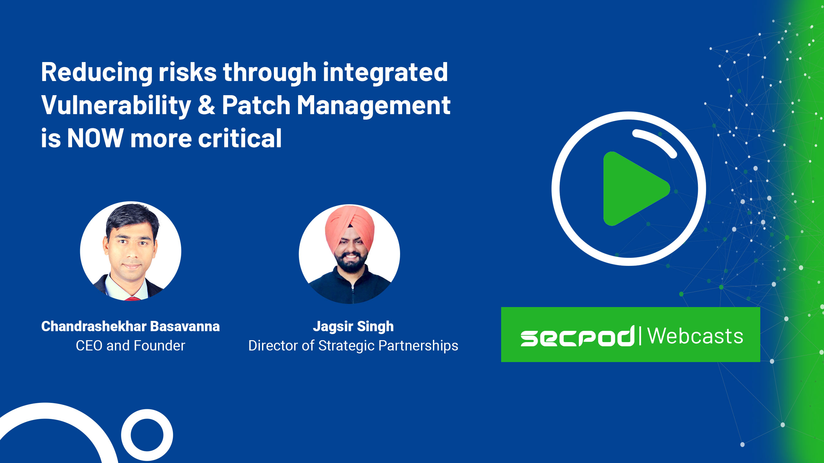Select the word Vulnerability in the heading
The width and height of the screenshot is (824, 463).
pyautogui.click(x=116, y=106)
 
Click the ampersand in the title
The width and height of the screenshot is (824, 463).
pyautogui.click(x=206, y=105)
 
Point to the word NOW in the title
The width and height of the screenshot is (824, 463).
pyautogui.click(x=95, y=138)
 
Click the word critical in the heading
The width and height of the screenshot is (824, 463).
pyautogui.click(x=240, y=138)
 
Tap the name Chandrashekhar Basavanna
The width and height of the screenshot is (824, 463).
pyautogui.click(x=130, y=326)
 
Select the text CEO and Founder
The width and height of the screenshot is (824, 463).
pyautogui.click(x=130, y=346)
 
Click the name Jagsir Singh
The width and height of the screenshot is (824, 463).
pyautogui.click(x=353, y=327)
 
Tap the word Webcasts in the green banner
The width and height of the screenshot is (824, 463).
pyautogui.click(x=695, y=336)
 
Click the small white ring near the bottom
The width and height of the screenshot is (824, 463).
pyautogui.click(x=147, y=435)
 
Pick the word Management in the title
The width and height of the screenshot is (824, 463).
pyautogui.click(x=373, y=106)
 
